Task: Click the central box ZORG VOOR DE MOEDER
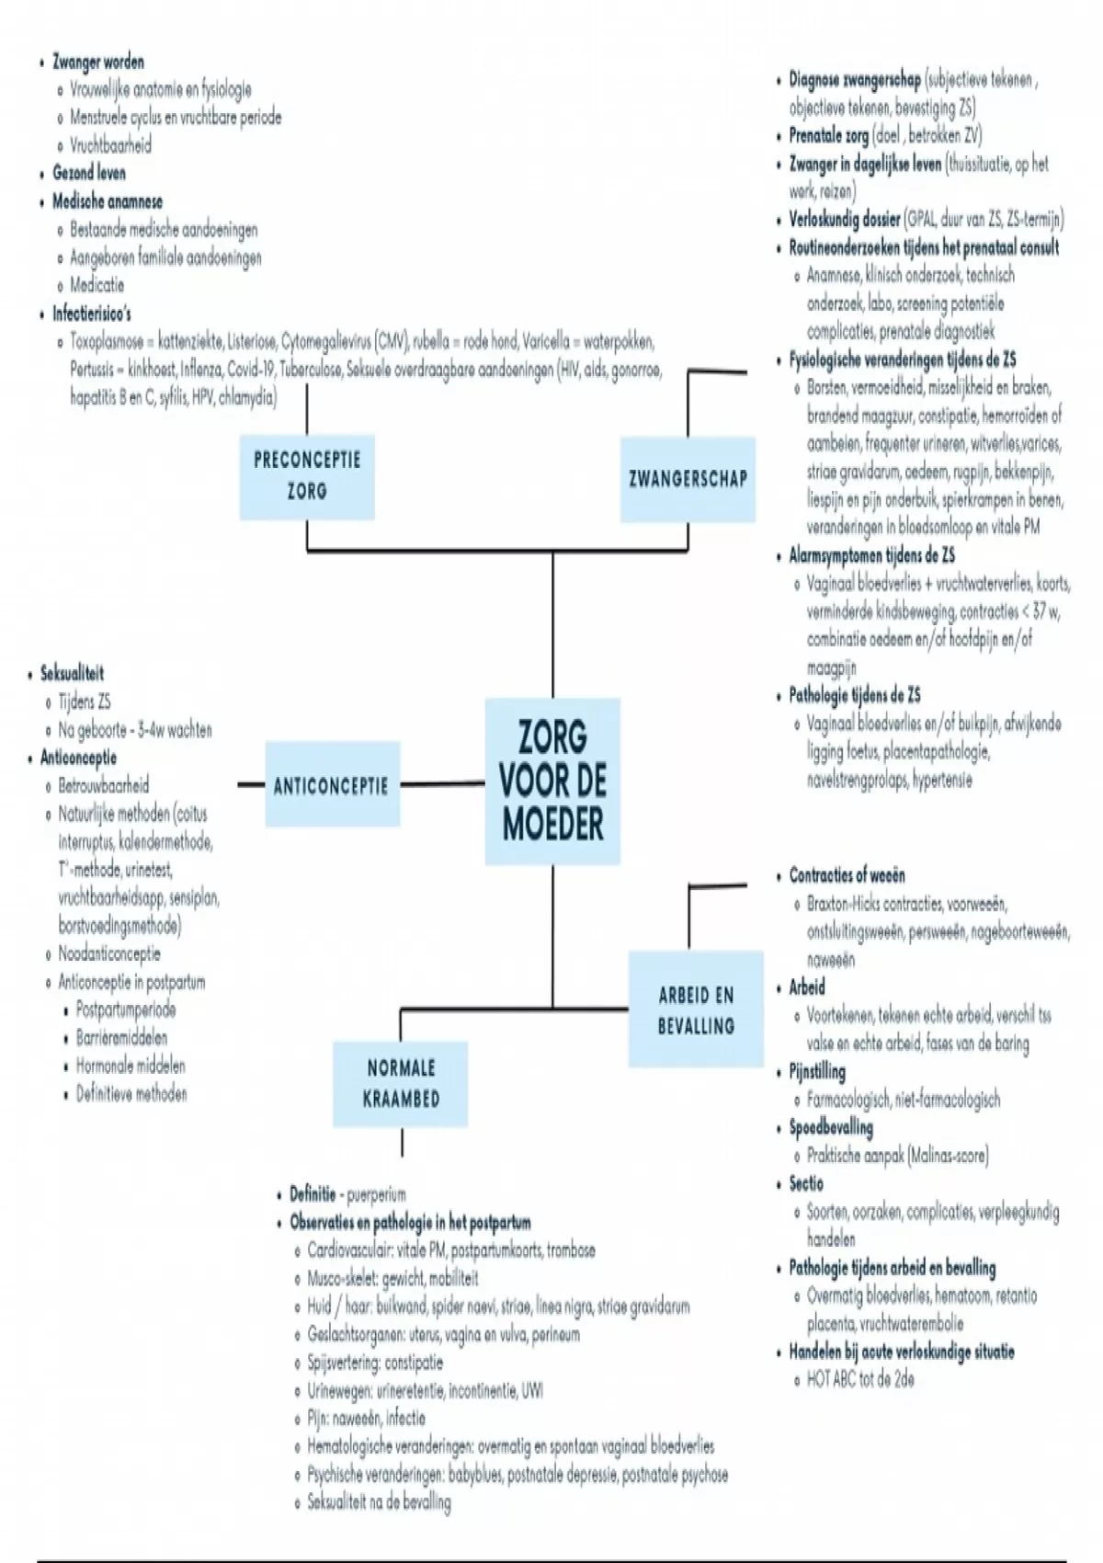pos(552,781)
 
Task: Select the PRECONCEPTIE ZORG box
pos(307,474)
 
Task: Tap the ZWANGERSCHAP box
pos(688,478)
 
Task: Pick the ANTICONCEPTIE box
pos(331,786)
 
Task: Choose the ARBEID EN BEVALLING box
pos(696,1010)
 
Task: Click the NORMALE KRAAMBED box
pos(401,1083)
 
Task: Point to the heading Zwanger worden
pos(97,63)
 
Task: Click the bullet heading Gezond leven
pos(89,173)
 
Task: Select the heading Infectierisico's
pos(92,314)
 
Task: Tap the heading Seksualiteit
pos(72,673)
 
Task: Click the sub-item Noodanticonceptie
pos(109,953)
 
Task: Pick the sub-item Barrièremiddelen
pos(121,1037)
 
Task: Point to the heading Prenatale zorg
pos(829,136)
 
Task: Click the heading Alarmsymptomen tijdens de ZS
pos(871,555)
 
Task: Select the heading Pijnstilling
pos(817,1071)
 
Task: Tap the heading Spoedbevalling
pos(831,1127)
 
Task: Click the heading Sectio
pos(806,1183)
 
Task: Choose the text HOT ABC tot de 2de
pos(860,1379)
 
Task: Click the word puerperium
pos(376,1195)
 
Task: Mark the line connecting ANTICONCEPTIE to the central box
pos(442,785)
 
